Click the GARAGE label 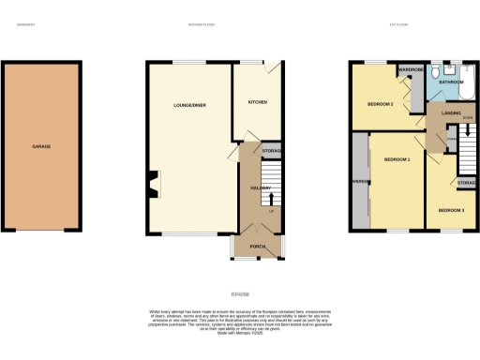41,147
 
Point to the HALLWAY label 260,188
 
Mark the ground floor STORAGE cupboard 272,150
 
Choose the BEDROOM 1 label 397,160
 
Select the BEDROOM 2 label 379,104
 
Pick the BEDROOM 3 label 451,211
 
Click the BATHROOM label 454,82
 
